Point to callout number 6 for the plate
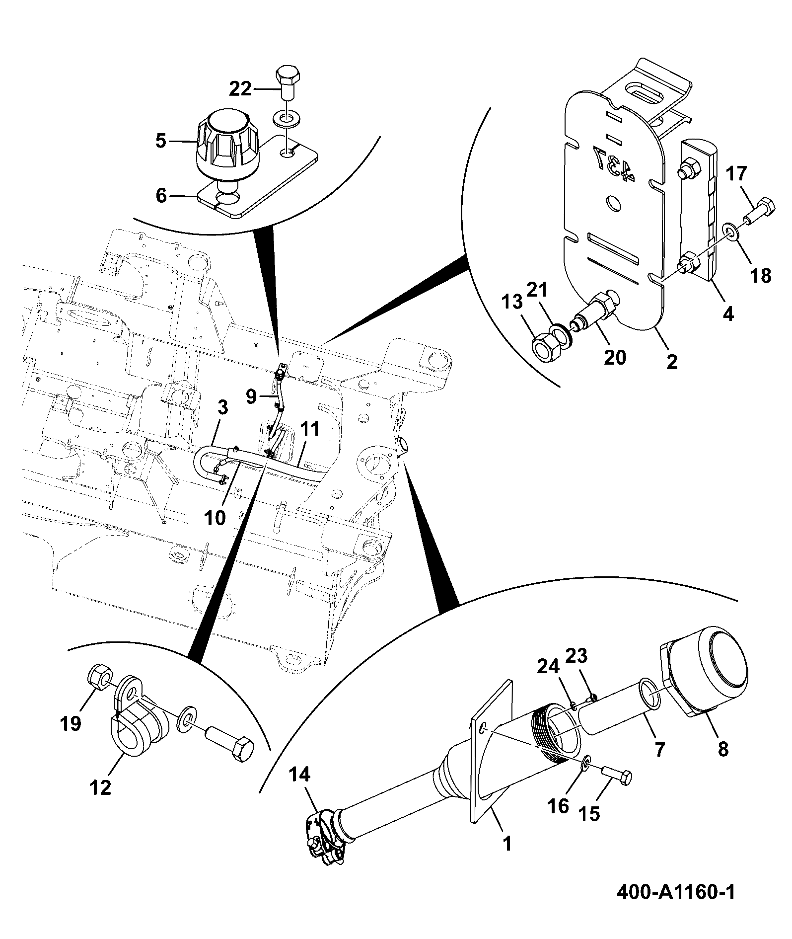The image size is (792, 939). tap(161, 196)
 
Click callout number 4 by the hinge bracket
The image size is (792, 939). tap(728, 313)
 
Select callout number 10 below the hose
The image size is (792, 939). tap(215, 518)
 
